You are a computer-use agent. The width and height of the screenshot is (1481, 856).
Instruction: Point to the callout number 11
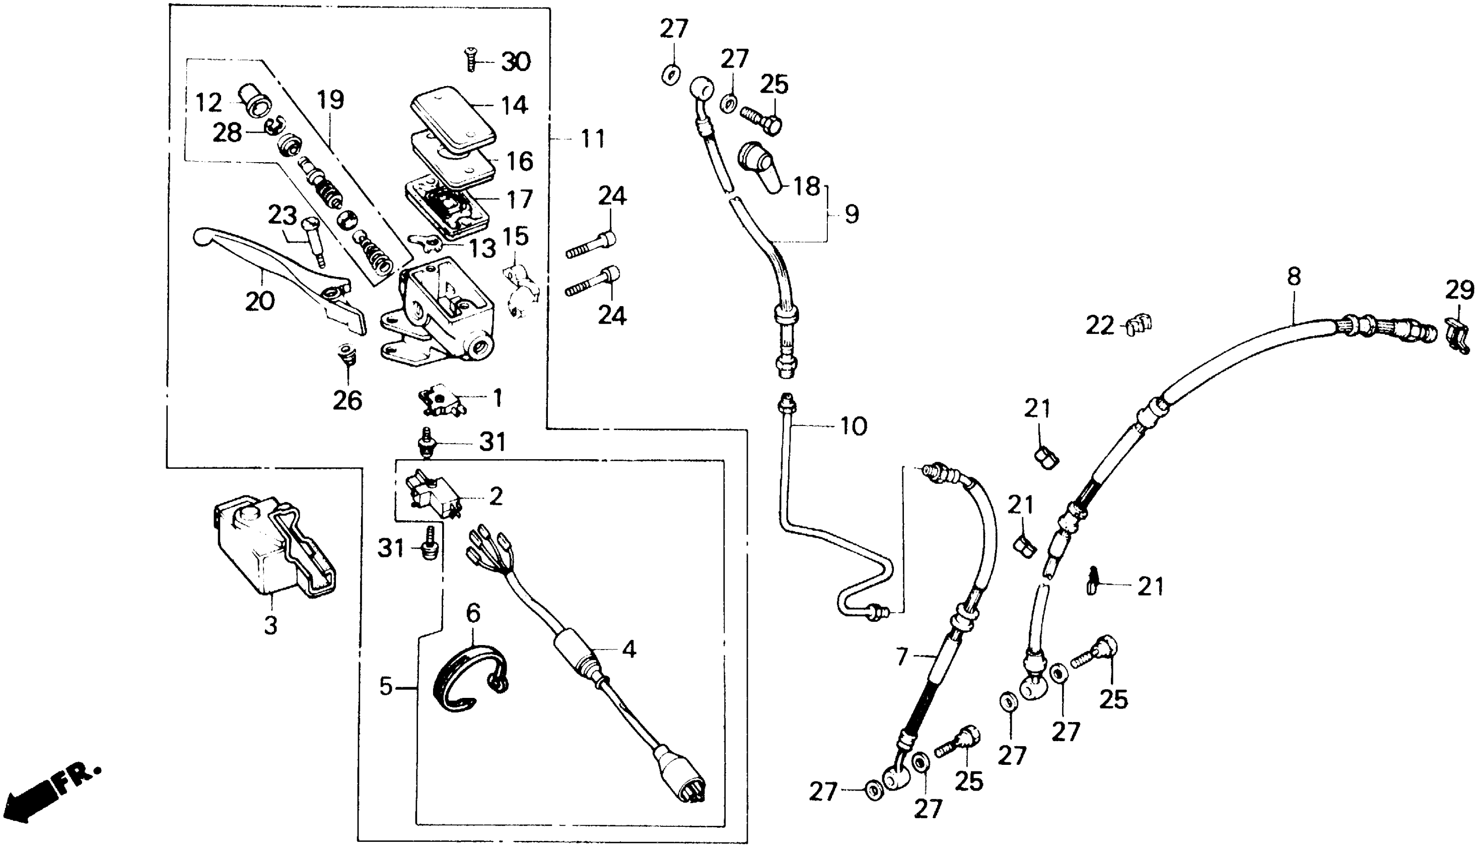pos(592,139)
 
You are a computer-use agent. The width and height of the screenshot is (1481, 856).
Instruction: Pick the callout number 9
pos(852,213)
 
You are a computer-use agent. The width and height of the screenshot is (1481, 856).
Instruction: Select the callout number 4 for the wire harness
pos(628,649)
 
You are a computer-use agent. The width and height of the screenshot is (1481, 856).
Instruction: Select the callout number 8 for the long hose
pos(1294,276)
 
